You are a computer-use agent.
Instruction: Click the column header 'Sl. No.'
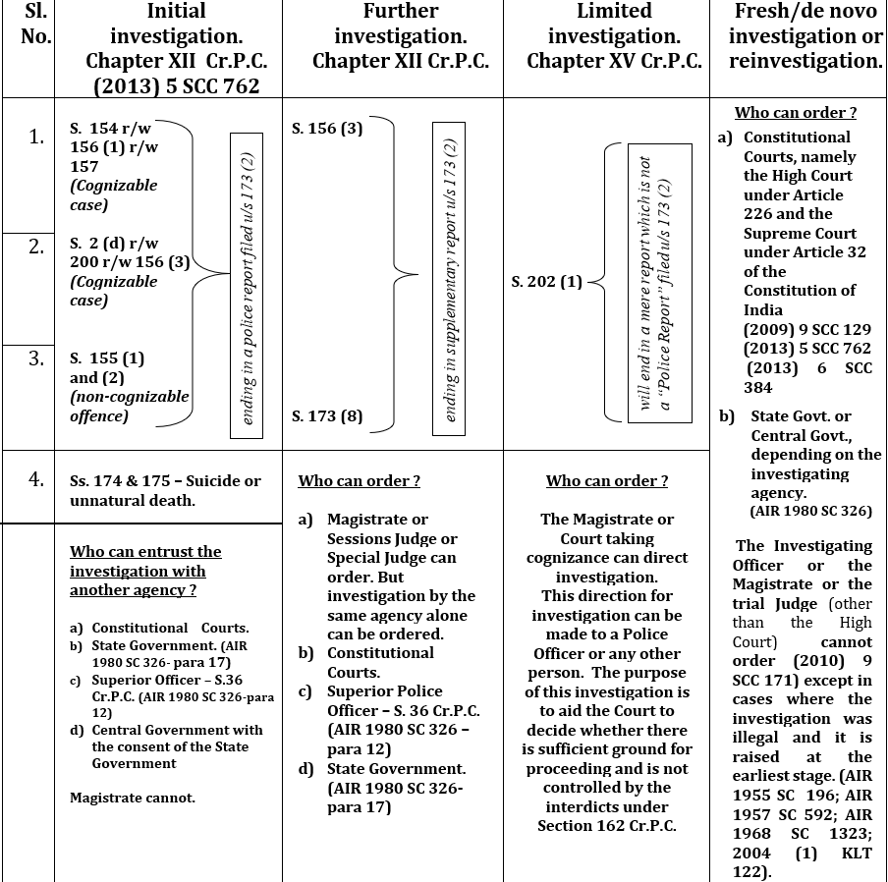click(x=35, y=25)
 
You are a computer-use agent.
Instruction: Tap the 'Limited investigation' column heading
click(x=614, y=36)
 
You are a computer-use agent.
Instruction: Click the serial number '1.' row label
click(x=36, y=138)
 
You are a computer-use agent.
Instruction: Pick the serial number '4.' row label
click(x=36, y=479)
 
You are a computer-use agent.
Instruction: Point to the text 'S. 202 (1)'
click(x=547, y=282)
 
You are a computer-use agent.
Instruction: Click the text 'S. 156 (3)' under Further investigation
click(x=327, y=129)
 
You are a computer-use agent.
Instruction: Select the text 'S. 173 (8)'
click(x=327, y=415)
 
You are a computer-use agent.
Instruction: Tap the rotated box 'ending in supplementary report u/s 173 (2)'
click(x=449, y=279)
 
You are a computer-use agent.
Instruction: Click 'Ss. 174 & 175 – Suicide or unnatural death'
click(x=165, y=490)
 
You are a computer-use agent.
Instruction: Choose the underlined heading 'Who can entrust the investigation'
click(x=145, y=571)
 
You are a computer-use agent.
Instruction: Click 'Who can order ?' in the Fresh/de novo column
click(x=796, y=113)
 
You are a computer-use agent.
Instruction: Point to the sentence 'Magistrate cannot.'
click(x=132, y=798)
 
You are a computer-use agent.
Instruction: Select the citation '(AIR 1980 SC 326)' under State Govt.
click(x=810, y=512)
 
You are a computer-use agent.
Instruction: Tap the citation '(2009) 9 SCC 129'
click(x=807, y=329)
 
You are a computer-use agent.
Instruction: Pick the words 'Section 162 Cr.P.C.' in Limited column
click(x=607, y=825)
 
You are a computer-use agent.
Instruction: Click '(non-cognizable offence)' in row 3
click(x=129, y=406)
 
